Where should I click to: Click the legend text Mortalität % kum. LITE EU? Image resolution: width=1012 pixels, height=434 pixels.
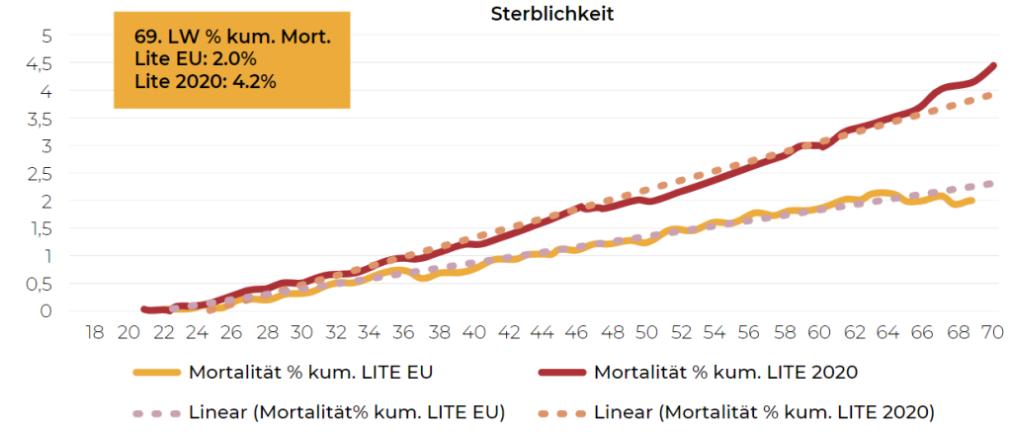[x=309, y=373]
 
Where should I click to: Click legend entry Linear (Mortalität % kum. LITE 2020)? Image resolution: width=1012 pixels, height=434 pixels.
[x=765, y=410]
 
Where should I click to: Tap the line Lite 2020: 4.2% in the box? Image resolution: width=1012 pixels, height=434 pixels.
[x=205, y=81]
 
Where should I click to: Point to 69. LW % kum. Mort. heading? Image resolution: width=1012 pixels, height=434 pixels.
[x=232, y=38]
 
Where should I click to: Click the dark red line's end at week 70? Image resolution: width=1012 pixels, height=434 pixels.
[x=992, y=66]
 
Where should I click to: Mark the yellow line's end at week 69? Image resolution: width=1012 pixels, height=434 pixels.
[x=973, y=201]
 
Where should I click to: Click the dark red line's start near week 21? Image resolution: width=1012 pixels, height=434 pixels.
[x=144, y=309]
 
